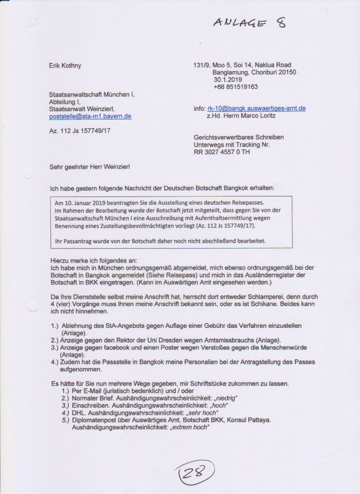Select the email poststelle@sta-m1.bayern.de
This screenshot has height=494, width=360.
[x=90, y=116]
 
